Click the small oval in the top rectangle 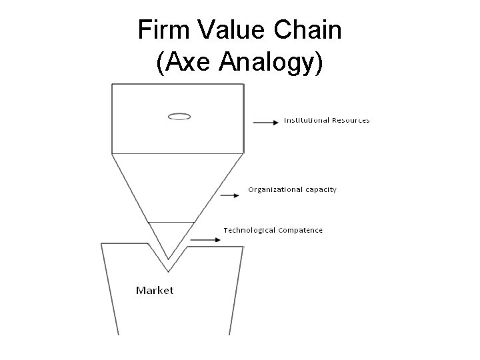click(179, 117)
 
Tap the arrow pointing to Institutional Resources click(266, 122)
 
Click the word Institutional click(306, 121)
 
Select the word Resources click(349, 121)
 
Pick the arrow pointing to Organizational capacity click(229, 195)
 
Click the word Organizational click(276, 189)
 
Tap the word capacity click(321, 190)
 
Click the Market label click(155, 290)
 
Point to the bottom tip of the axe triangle click(169, 259)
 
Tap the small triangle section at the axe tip click(169, 237)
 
